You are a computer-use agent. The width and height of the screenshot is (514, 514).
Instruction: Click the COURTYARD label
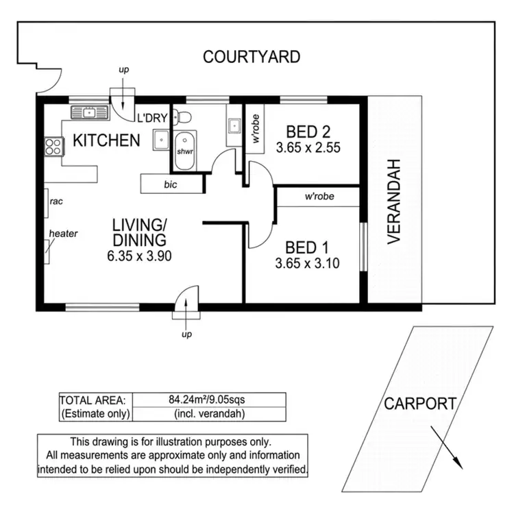click(x=252, y=57)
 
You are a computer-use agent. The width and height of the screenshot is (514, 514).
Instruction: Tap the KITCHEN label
click(x=106, y=141)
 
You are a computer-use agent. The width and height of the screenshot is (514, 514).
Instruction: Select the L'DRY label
click(x=151, y=118)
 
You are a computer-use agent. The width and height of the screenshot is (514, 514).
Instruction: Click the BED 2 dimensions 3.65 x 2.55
click(x=308, y=147)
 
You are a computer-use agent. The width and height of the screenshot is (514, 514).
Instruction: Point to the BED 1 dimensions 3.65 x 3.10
click(x=308, y=262)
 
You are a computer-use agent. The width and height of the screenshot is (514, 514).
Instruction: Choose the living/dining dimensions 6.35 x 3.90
click(x=139, y=257)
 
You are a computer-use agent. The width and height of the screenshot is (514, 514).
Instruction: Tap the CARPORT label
click(x=419, y=404)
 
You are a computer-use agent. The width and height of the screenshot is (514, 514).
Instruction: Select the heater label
click(x=63, y=234)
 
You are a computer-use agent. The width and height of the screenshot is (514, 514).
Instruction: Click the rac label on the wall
click(x=56, y=201)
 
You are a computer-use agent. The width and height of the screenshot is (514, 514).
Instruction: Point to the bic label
click(x=170, y=184)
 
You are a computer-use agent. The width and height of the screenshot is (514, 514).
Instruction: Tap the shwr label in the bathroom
click(x=184, y=151)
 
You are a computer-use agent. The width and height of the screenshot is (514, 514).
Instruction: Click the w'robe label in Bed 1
click(x=319, y=196)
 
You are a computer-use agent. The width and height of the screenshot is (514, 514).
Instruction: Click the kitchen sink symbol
click(x=89, y=112)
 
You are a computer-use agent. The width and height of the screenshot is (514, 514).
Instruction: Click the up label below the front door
click(x=186, y=334)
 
